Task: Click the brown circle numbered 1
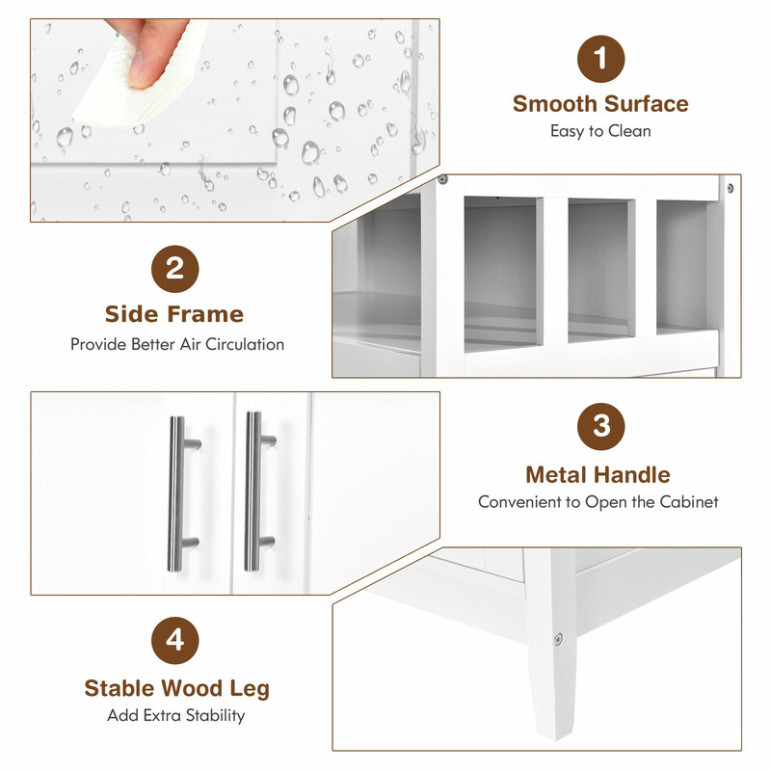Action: (600, 59)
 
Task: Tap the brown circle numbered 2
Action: (175, 269)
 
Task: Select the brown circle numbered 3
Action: (600, 426)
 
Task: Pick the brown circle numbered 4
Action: (175, 641)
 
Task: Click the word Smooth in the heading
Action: (555, 104)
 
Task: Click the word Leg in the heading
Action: (250, 689)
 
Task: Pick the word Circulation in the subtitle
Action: (245, 344)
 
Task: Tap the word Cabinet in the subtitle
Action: (689, 502)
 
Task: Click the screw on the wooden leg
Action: (558, 639)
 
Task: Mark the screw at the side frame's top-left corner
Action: (442, 179)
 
